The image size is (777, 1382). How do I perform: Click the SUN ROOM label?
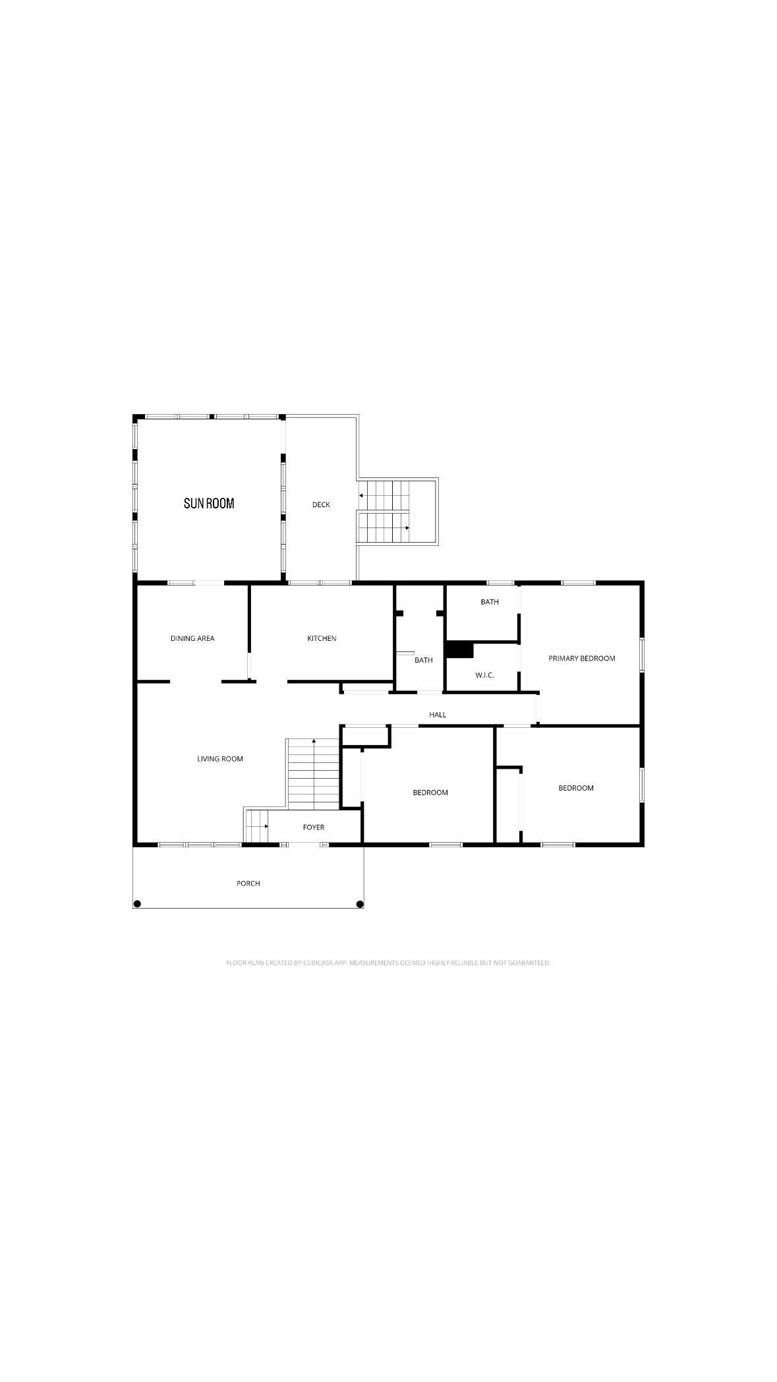point(209,503)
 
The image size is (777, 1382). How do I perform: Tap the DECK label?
point(321,504)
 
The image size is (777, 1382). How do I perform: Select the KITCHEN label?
point(322,638)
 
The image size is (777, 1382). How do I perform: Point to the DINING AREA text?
point(192,638)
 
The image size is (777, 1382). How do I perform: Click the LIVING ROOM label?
point(220,759)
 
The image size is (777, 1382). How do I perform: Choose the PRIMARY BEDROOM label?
point(582,658)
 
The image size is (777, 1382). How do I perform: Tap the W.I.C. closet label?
point(484,675)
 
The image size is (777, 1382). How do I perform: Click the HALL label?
point(438,714)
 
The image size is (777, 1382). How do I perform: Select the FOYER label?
point(314,827)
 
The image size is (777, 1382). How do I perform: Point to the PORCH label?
point(248,883)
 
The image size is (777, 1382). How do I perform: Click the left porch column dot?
point(137,904)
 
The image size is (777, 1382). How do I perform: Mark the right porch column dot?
point(360,904)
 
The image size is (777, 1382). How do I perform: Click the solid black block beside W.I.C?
point(459,649)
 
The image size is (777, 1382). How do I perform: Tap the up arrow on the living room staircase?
point(314,742)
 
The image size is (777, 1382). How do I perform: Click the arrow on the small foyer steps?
point(266,826)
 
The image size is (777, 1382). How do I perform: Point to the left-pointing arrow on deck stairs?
point(361,495)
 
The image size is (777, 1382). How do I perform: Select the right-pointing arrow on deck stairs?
point(407,527)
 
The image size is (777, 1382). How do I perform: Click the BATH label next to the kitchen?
point(424,660)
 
